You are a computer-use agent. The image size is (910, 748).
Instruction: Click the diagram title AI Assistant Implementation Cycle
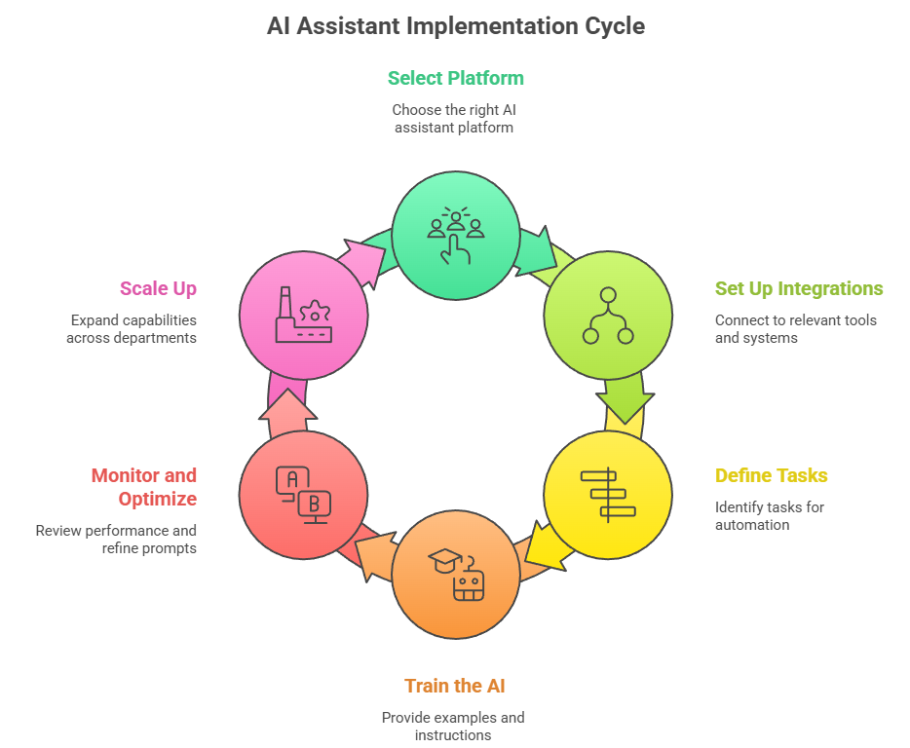[x=455, y=26]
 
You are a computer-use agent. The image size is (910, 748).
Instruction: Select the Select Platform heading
[x=455, y=78]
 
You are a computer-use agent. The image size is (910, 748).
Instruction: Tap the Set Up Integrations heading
[x=799, y=288]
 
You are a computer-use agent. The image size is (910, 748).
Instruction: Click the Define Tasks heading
[x=771, y=475]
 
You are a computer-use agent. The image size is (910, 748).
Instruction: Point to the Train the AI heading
[x=455, y=686]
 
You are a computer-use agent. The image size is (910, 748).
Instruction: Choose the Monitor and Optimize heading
[x=143, y=487]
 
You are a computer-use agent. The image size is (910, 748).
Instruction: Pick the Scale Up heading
[x=158, y=288]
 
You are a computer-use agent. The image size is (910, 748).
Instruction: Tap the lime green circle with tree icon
[x=608, y=316]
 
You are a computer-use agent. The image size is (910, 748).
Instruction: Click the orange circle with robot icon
[x=455, y=574]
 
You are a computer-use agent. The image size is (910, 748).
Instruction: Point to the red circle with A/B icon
[x=303, y=494]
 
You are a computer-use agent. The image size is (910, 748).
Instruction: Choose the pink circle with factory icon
[x=303, y=316]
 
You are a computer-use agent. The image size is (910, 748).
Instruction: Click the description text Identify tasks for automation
[x=770, y=515]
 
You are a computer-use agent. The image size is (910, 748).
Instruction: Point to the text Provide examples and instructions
[x=453, y=726]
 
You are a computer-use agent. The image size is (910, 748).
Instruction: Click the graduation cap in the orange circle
[x=444, y=560]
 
